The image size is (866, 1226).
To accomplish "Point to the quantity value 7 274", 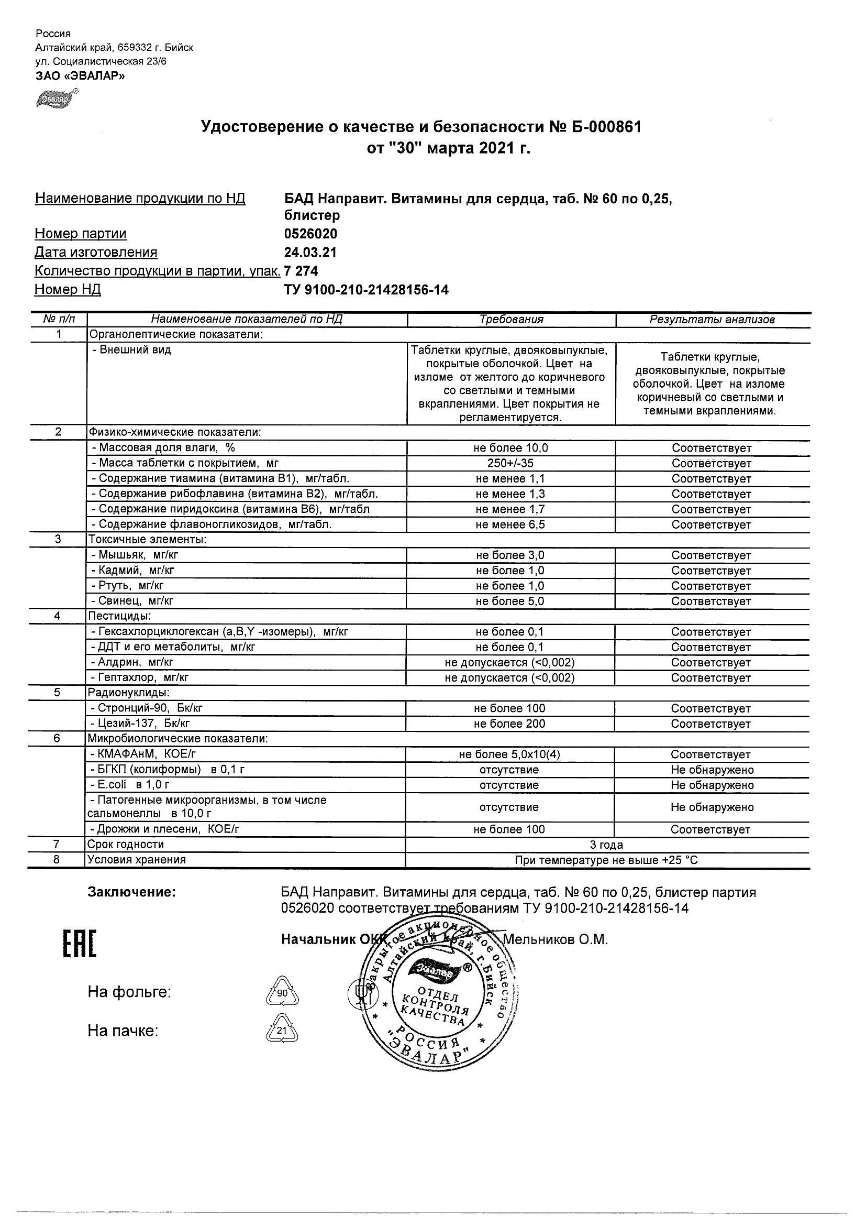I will [x=302, y=271].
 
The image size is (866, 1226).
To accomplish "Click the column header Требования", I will [x=510, y=319].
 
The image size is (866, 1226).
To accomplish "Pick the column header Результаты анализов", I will [x=712, y=319].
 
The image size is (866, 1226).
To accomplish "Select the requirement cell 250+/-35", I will [x=510, y=464].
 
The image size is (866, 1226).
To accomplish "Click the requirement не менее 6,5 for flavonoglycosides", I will [x=510, y=525].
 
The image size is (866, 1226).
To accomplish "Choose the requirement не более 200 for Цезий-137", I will [x=509, y=724].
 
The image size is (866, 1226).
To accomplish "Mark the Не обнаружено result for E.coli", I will [x=712, y=785].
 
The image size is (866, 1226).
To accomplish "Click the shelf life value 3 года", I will [x=606, y=845].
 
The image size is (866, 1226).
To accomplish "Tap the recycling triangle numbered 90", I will [x=282, y=993].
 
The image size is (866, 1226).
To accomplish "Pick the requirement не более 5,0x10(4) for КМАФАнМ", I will [x=509, y=754].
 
